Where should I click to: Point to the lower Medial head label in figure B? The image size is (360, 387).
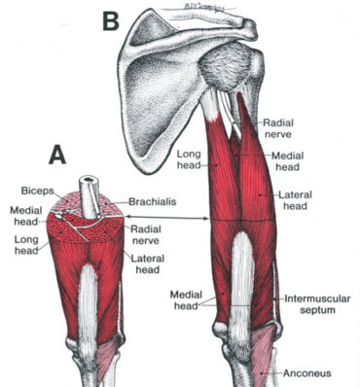coord(187,298)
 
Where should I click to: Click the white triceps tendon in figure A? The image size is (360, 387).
coord(87,292)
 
